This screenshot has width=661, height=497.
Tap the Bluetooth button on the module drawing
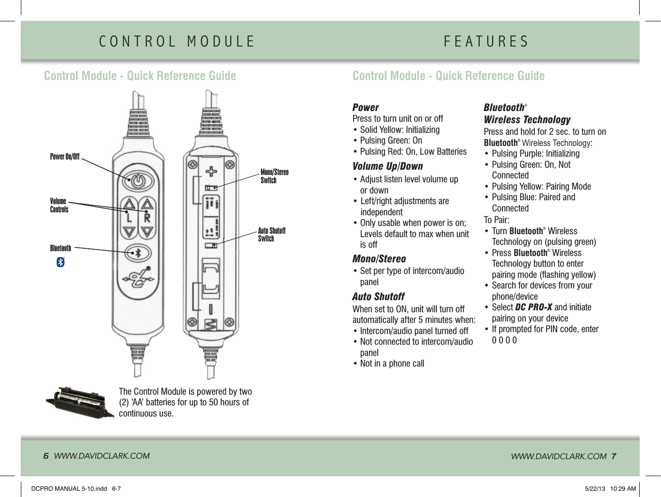(x=138, y=253)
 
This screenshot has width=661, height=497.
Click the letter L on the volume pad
(x=129, y=218)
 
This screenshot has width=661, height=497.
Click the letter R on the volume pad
(x=147, y=218)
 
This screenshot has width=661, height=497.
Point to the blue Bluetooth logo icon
(x=61, y=262)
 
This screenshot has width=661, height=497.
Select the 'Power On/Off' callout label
(x=64, y=157)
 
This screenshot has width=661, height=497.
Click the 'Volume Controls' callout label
(x=59, y=205)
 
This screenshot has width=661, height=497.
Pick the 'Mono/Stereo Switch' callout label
(x=274, y=176)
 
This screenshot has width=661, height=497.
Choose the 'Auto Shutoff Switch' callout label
(x=271, y=235)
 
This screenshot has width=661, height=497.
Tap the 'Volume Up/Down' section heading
(x=387, y=166)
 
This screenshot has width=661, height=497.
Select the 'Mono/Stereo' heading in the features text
(x=379, y=259)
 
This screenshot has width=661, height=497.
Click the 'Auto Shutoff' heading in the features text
(x=378, y=297)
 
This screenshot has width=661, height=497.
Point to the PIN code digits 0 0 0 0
(x=504, y=340)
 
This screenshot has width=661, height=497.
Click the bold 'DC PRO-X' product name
(x=533, y=307)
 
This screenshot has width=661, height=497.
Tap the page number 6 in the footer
(x=46, y=456)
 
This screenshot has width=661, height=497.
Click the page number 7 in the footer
(x=613, y=456)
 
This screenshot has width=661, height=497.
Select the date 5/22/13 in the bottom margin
(x=595, y=489)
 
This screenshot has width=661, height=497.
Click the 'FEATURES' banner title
(x=486, y=42)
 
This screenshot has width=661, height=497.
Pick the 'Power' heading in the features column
(x=366, y=108)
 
